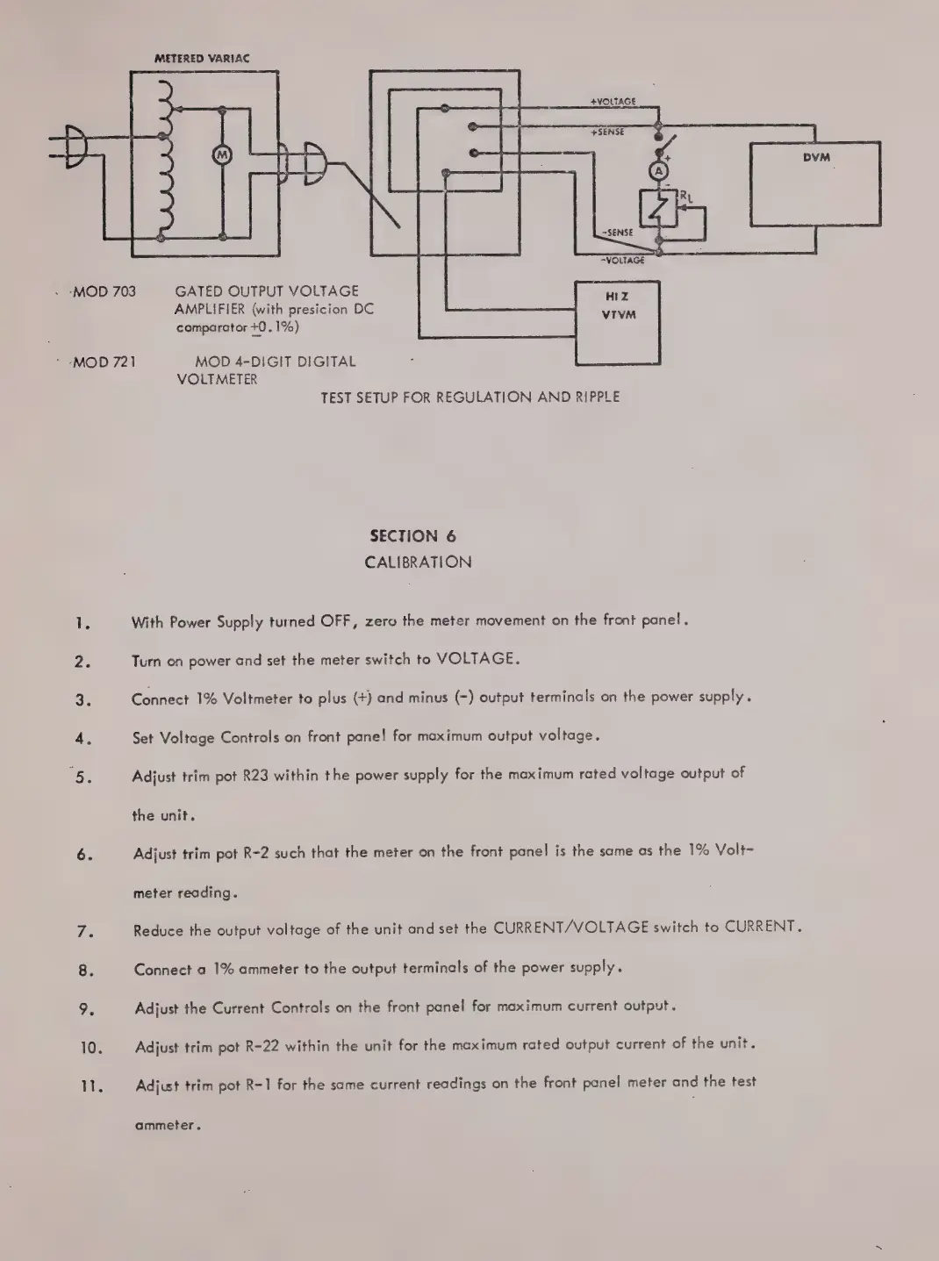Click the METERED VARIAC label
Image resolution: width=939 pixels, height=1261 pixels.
pos(202,58)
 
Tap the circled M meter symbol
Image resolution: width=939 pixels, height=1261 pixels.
pos(222,154)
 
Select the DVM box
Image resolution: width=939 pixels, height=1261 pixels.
pos(815,185)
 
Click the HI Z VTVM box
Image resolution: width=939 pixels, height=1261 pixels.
pos(618,322)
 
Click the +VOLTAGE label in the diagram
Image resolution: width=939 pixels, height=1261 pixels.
pos(613,102)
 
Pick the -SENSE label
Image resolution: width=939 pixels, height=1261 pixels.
pos(617,233)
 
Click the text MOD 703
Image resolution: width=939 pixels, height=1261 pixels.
pos(104,291)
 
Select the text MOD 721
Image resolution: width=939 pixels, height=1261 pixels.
pos(104,362)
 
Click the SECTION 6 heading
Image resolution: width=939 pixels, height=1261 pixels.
pos(412,536)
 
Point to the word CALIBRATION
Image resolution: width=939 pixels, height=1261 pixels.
pos(418,562)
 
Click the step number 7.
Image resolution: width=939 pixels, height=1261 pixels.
pos(85,932)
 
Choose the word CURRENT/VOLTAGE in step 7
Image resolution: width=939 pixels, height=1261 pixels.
pos(570,928)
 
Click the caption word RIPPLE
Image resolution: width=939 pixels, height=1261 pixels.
pos(597,397)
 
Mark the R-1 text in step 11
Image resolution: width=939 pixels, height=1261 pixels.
pos(256,1085)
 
